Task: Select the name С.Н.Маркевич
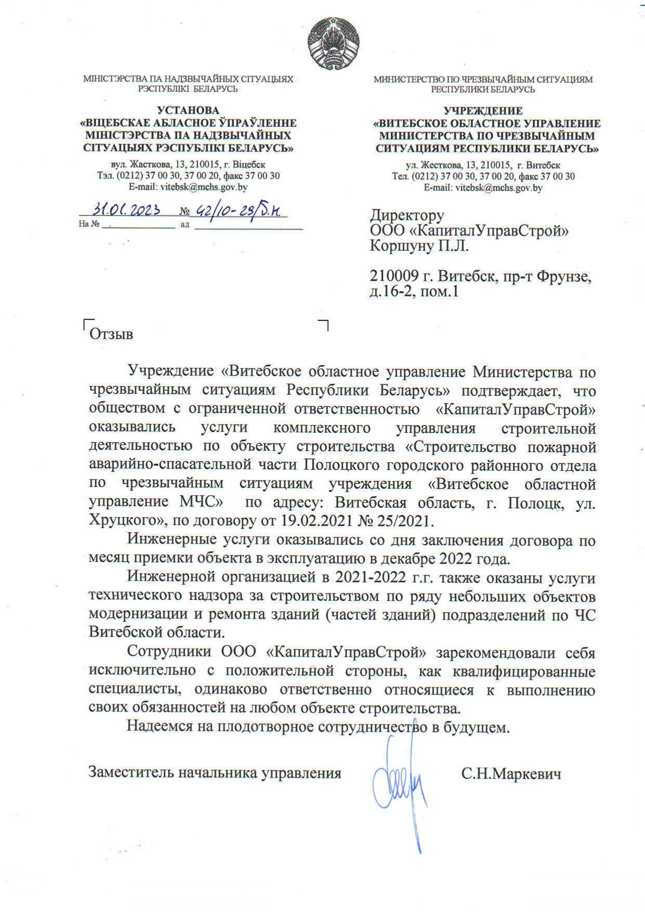click(x=511, y=774)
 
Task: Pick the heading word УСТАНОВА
click(x=188, y=110)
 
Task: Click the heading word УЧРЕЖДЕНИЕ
click(x=483, y=111)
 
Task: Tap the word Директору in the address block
click(x=407, y=215)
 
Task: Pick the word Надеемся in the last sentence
click(x=160, y=726)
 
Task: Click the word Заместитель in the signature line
click(x=131, y=773)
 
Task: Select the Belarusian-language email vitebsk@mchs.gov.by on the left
click(x=188, y=187)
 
